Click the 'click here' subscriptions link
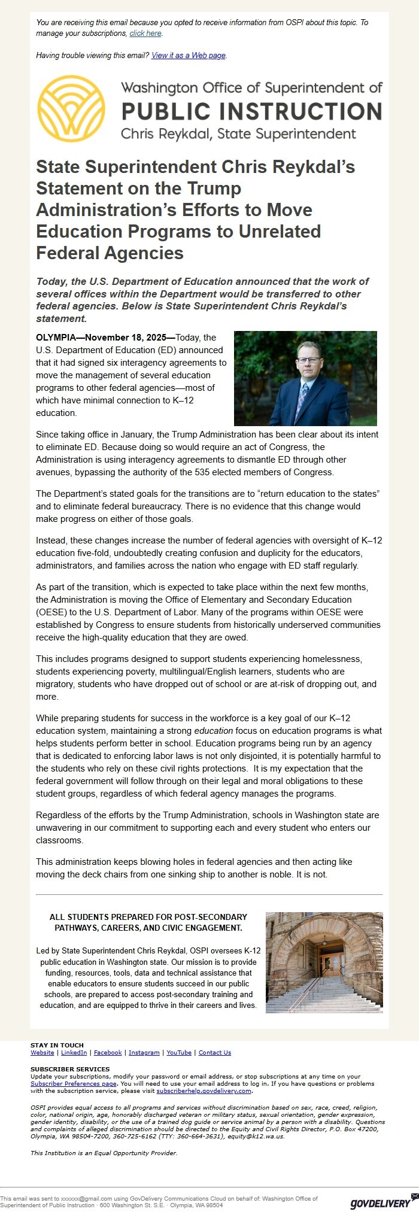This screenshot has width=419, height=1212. [x=145, y=34]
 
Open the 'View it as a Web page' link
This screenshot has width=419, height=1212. [x=189, y=56]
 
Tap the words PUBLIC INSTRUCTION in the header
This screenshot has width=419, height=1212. [x=251, y=111]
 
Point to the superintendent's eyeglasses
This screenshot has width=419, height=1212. [x=308, y=360]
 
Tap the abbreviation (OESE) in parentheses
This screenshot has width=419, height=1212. [x=50, y=612]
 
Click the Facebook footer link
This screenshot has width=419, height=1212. [x=108, y=1053]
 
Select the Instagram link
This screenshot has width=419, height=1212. [x=144, y=1053]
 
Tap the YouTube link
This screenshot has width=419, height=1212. [x=179, y=1053]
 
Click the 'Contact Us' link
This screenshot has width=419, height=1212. [x=215, y=1053]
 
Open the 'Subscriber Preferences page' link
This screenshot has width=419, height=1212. [x=74, y=1084]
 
